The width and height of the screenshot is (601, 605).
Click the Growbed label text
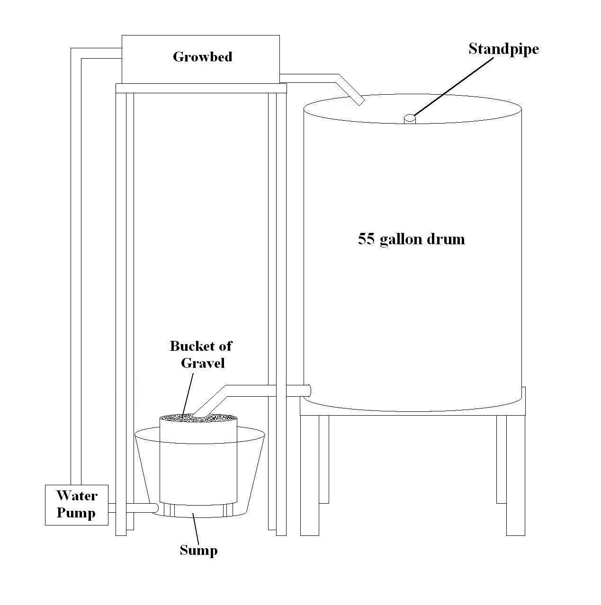[x=202, y=57]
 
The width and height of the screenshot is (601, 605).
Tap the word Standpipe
[x=503, y=49]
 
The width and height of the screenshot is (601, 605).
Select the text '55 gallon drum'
[x=411, y=239]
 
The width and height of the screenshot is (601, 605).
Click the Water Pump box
[x=76, y=505]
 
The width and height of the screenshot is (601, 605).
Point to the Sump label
[x=198, y=550]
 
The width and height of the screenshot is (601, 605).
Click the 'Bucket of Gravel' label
[x=201, y=354]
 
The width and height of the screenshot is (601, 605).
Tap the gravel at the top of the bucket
[x=198, y=418]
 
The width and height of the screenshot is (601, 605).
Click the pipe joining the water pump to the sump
[x=133, y=508]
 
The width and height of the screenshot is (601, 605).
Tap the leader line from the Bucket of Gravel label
[x=188, y=393]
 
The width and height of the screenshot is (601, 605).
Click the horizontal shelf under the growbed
[x=201, y=88]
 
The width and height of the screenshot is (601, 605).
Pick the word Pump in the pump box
[x=76, y=513]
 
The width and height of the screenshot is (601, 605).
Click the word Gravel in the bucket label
[x=203, y=363]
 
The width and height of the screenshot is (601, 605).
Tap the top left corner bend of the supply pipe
[x=76, y=53]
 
